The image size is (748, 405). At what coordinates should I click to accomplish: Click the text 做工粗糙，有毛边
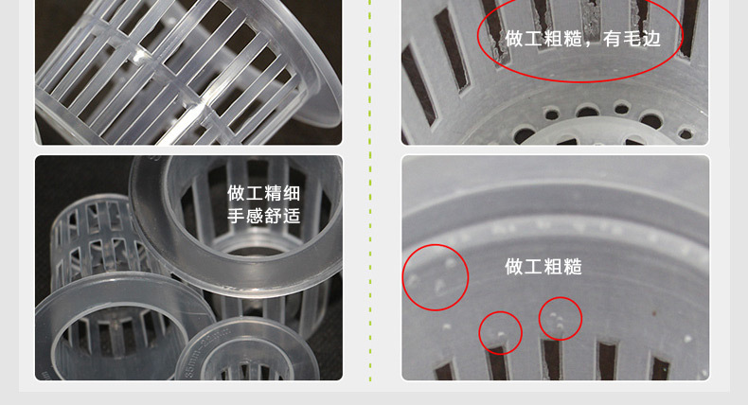(x=581, y=39)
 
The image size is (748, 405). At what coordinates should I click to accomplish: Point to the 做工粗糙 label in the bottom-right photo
(x=543, y=267)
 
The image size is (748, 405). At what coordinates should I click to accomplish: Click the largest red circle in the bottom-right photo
(x=436, y=277)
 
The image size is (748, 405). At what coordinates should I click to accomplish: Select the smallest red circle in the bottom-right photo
(x=500, y=332)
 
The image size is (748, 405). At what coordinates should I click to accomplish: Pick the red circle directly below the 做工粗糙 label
(x=560, y=319)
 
